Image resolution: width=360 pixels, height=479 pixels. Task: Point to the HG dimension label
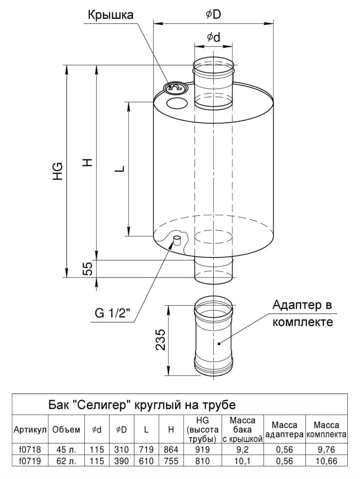58,171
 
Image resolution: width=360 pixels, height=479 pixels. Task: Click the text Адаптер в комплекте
303,314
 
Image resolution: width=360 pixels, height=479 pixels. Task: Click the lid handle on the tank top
174,88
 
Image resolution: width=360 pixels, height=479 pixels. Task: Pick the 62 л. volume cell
66,460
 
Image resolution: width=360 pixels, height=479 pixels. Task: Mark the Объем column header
66,430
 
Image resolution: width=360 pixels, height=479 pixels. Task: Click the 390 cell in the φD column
121,460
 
